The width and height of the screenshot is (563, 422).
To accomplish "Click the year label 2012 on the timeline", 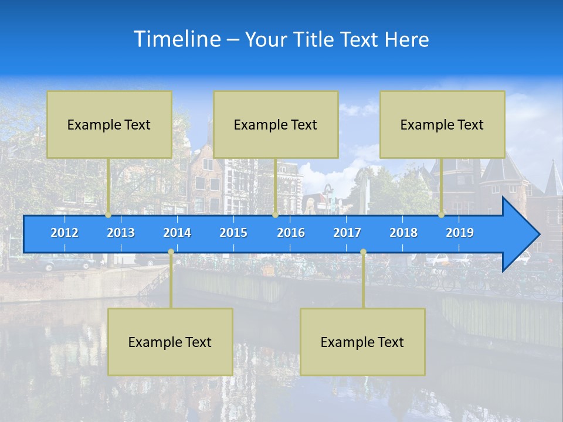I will (x=65, y=233).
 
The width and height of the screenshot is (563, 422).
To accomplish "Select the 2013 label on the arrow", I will (x=121, y=233).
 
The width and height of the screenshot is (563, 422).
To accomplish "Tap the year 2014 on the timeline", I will (x=177, y=233).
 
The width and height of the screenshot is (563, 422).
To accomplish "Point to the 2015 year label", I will (x=233, y=233).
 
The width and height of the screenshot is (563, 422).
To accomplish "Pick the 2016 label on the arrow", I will (x=291, y=233).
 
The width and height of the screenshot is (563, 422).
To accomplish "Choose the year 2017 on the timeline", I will (x=347, y=233).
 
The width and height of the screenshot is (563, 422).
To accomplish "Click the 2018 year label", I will (x=403, y=233).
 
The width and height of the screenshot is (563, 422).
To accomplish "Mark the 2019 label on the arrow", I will (x=460, y=233).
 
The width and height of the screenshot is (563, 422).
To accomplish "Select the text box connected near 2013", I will (x=109, y=124).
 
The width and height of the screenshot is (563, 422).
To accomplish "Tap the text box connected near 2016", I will (x=276, y=124).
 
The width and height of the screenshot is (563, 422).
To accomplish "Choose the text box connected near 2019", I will (x=442, y=124).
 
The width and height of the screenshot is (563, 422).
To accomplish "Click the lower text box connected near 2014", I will (x=170, y=342).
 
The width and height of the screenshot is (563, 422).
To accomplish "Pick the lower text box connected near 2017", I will (x=362, y=342).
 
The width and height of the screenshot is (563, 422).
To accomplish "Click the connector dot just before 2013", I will (x=108, y=215).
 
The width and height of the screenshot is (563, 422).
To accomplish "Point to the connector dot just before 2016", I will (x=275, y=215).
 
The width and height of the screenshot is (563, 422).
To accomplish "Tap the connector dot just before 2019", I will (x=442, y=215).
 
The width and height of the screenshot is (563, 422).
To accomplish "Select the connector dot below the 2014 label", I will (x=171, y=252).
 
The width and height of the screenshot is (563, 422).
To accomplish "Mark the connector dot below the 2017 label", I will (x=363, y=252).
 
